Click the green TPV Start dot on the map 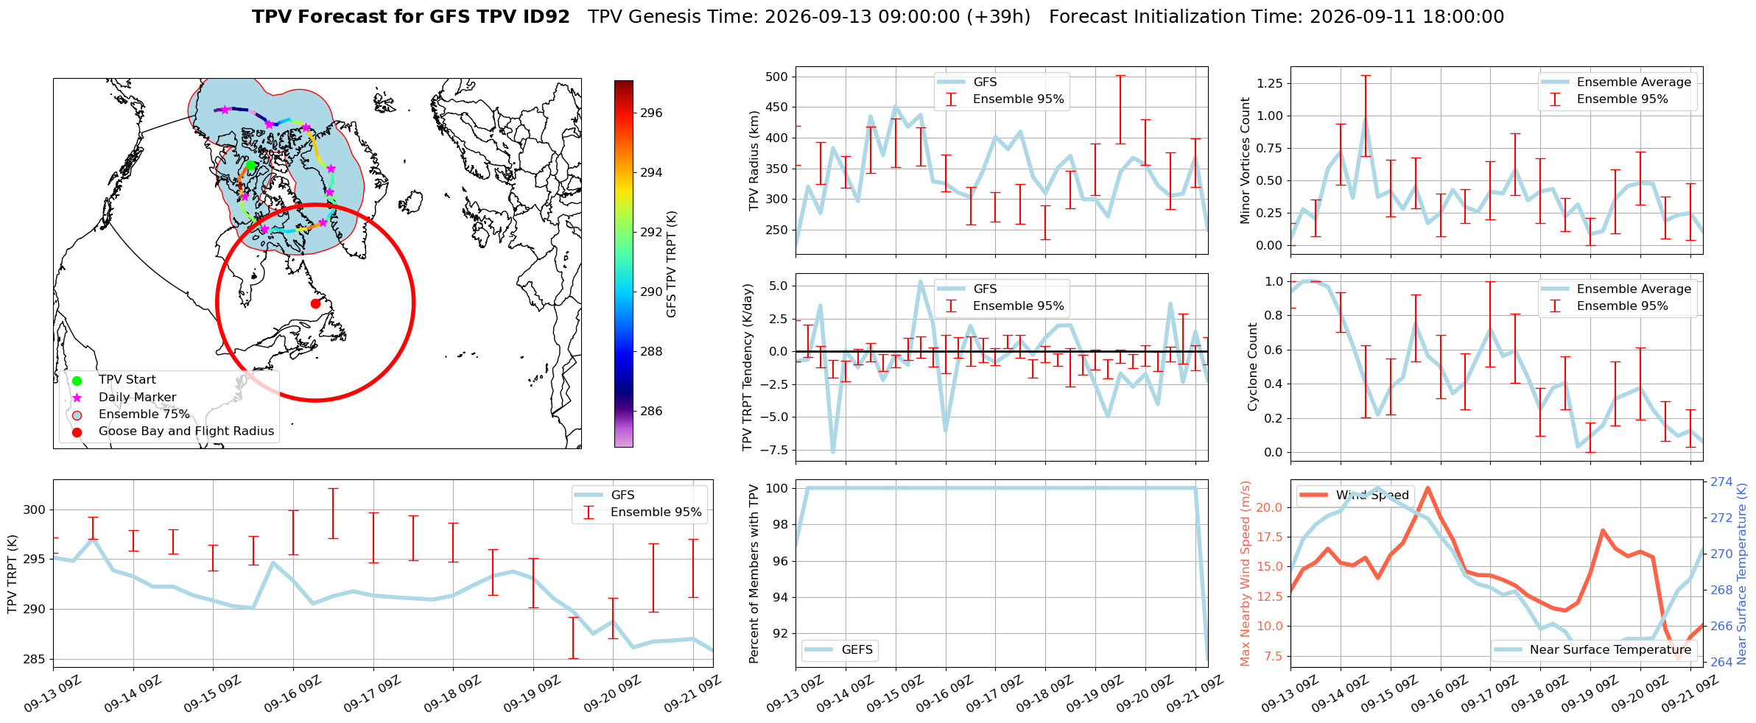250,166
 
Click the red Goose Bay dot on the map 315,303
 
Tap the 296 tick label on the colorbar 651,113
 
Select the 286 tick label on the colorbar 651,412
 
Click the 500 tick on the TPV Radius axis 777,77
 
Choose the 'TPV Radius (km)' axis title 754,161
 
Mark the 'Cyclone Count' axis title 1253,367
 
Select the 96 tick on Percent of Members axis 780,561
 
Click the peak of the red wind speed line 1428,487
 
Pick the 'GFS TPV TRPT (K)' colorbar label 672,264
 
